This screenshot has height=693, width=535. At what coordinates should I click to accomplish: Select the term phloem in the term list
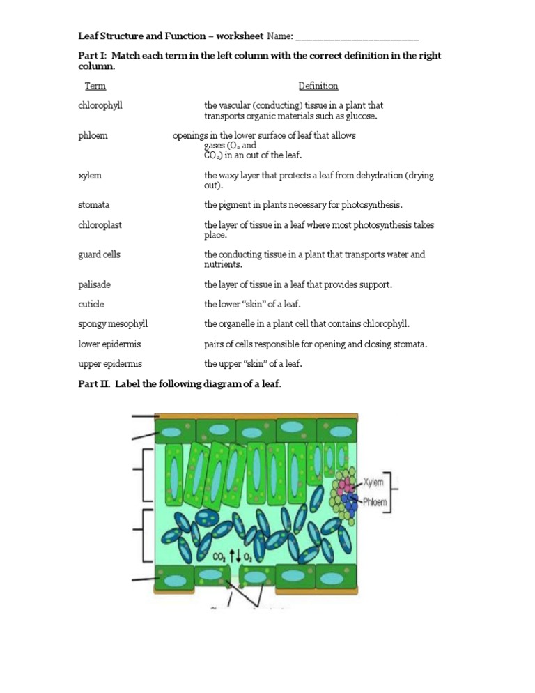click(93, 135)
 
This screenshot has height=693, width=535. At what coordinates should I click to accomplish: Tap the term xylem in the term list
click(91, 176)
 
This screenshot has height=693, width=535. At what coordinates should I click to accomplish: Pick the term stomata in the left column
click(94, 205)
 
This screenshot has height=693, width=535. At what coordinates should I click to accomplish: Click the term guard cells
click(100, 254)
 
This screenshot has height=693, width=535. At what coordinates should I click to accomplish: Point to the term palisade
click(95, 284)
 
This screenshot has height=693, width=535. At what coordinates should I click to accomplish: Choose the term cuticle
click(92, 304)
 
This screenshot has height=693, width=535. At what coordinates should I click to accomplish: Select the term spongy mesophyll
click(113, 324)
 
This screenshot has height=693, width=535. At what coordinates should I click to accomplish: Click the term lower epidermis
click(109, 344)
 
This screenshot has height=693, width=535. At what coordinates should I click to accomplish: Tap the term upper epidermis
click(110, 363)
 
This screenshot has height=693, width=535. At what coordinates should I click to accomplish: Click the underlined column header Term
click(95, 86)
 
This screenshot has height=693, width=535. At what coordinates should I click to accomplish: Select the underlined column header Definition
click(318, 86)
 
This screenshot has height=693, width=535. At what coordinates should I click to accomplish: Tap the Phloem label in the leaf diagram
click(374, 501)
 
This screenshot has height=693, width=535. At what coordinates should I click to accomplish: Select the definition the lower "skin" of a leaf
click(254, 304)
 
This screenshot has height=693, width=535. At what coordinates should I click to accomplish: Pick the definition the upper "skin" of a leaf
click(254, 363)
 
